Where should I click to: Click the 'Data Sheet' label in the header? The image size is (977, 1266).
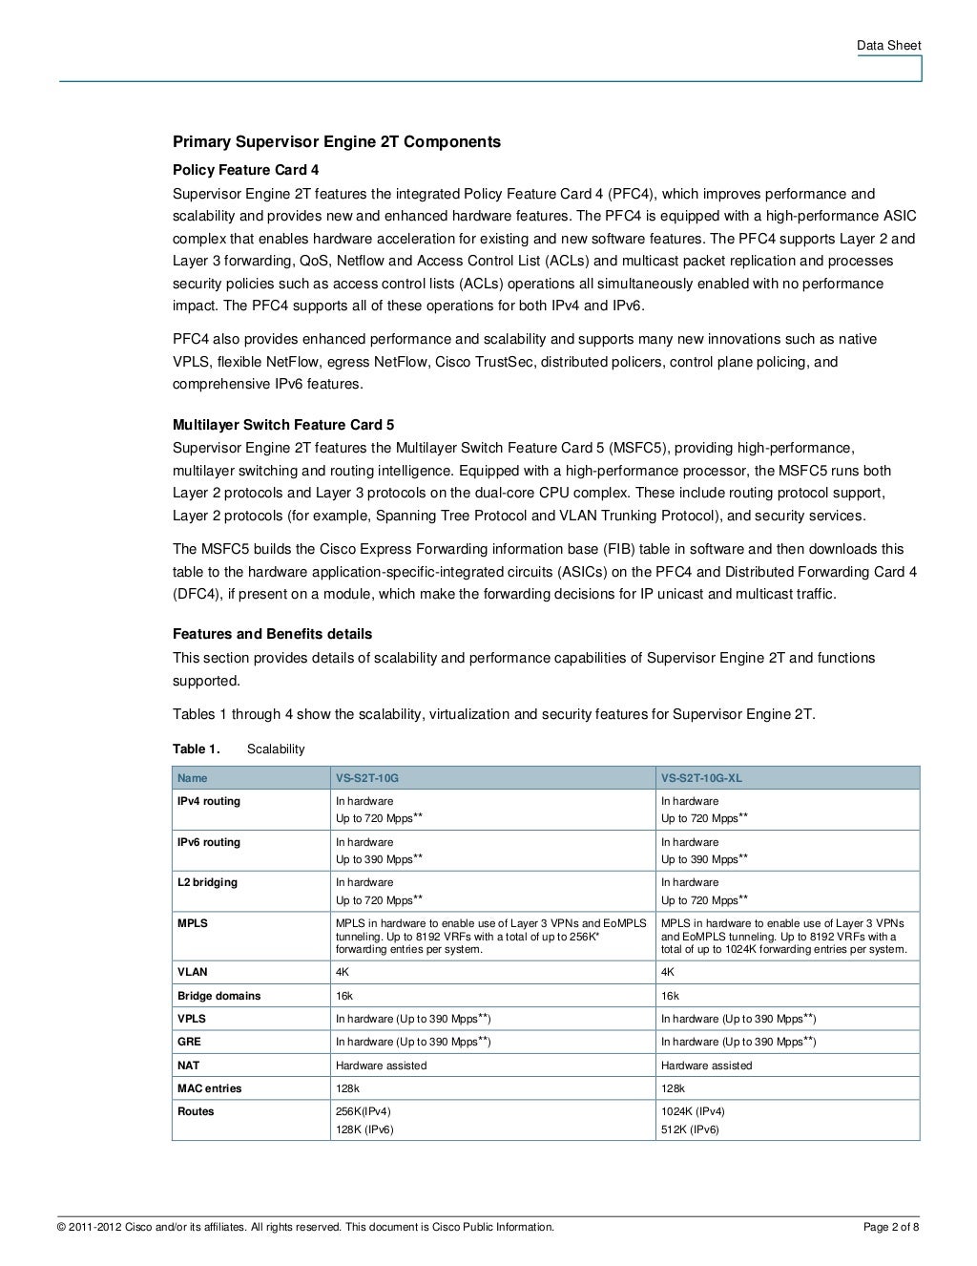point(888,45)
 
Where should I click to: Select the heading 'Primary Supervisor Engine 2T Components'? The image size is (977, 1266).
point(336,142)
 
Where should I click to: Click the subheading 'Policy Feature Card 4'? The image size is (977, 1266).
point(245,171)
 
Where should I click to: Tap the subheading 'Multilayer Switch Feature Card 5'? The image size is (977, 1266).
point(282,425)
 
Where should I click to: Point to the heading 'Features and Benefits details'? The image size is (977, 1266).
point(272,635)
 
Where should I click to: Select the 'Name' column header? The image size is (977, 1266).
point(192,778)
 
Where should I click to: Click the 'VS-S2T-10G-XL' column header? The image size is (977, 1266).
point(701,778)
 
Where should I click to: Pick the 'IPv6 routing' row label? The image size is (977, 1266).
point(209,843)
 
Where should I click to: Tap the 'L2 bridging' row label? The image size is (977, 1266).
point(207,883)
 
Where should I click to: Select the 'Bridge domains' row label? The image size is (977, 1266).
point(218,996)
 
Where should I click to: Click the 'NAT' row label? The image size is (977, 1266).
point(189,1066)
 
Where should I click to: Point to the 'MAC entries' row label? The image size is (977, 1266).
point(209,1088)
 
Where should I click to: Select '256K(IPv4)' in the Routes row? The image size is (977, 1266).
point(364,1112)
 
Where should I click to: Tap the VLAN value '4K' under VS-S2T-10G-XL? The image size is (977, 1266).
point(668,973)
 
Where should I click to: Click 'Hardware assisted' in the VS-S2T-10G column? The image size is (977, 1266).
point(381,1066)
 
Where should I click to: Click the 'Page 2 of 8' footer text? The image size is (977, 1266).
point(891,1227)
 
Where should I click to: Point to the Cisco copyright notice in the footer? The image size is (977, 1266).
point(305,1227)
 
